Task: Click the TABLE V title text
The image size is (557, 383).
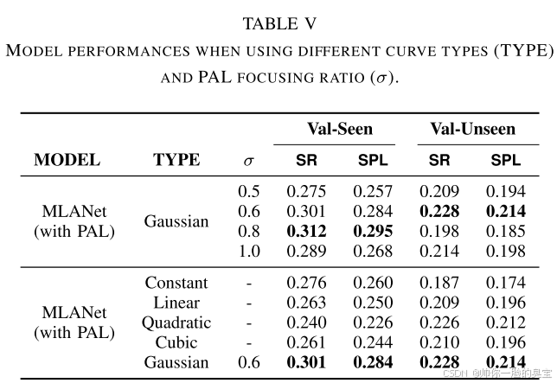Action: tap(278, 23)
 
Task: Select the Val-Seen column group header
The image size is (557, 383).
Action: tap(340, 130)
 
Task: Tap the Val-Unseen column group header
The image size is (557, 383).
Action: tap(472, 130)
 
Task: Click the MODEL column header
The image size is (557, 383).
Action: tap(67, 160)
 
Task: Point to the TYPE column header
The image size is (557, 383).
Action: tap(176, 160)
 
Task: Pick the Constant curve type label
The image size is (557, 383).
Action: tap(176, 283)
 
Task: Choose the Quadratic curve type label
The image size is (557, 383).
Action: tap(176, 322)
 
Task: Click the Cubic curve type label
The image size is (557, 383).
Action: tap(176, 342)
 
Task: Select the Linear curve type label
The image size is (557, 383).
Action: tap(176, 303)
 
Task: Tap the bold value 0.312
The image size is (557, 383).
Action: tap(307, 231)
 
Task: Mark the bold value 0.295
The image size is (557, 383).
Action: tap(373, 231)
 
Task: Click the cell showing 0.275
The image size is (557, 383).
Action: tap(307, 191)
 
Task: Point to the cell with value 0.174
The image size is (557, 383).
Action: tap(506, 283)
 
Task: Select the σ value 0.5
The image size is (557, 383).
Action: tap(249, 191)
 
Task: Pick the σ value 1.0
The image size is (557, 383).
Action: tap(249, 251)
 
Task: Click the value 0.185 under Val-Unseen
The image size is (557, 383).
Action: tap(506, 231)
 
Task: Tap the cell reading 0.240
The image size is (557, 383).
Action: tap(307, 322)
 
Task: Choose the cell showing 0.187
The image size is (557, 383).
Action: tap(439, 283)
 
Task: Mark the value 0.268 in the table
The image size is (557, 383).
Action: tap(373, 251)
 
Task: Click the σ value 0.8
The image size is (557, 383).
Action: tap(249, 231)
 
